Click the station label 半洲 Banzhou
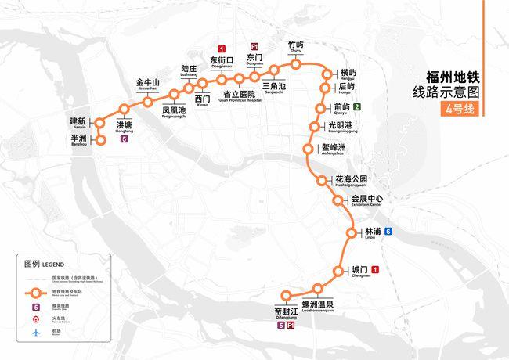pos(78,139)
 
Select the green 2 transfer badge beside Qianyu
pos(357,107)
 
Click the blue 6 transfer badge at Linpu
pos(388,232)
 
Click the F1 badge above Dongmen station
pos(254,47)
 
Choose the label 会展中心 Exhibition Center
pos(366,200)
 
